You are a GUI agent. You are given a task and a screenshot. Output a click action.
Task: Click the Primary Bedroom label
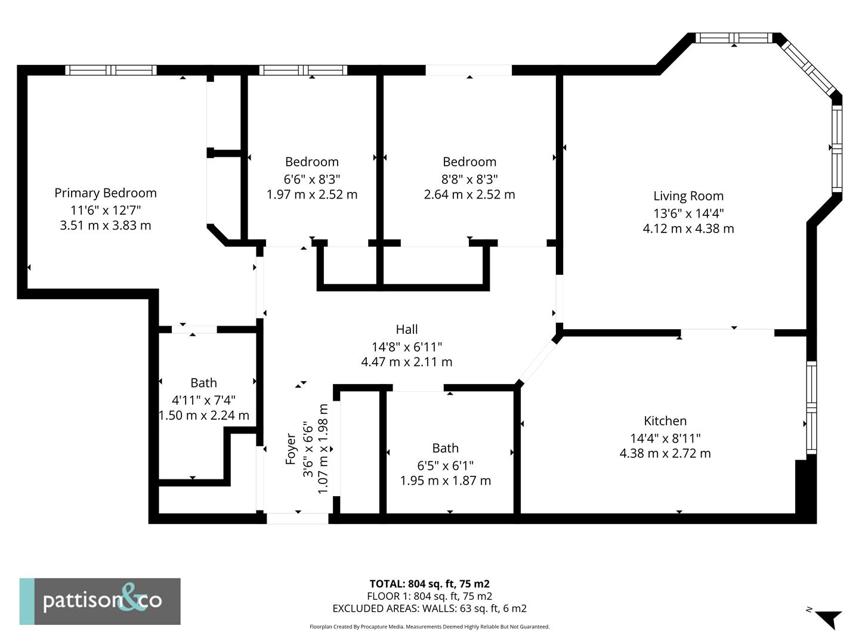coord(106,193)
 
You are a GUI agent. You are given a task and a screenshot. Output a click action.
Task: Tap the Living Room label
coord(688,196)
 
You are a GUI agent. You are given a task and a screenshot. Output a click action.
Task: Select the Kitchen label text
coord(665,420)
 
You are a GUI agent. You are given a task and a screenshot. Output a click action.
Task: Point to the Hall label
coord(406,329)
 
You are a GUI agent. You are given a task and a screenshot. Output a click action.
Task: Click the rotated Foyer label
coord(291,448)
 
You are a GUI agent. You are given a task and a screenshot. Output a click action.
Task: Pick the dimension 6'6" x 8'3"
coord(311,178)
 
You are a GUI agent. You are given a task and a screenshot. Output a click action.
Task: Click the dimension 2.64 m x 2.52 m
coord(469,194)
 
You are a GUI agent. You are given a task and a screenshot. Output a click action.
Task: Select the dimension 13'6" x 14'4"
coord(688,212)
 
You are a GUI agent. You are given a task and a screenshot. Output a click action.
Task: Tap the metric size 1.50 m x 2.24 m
coord(203,415)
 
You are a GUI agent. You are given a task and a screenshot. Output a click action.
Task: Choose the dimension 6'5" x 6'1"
coord(445,465)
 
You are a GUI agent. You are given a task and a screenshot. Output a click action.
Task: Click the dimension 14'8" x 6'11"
coord(406,346)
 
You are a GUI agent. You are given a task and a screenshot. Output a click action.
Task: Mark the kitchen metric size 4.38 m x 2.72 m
coord(665,453)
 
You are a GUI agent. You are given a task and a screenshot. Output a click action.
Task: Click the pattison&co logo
coord(100,601)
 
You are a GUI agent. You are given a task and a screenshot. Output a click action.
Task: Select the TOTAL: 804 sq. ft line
coord(429,584)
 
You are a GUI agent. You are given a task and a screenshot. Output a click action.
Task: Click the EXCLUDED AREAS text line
coord(429,608)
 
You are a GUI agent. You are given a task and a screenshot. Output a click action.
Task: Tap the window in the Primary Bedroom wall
coord(111,70)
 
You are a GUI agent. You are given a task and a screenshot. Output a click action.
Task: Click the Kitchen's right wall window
coord(811,407)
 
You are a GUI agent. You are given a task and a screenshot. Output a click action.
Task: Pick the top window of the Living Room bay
coord(734,38)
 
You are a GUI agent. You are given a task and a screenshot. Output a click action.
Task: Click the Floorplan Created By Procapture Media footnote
coord(429,627)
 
